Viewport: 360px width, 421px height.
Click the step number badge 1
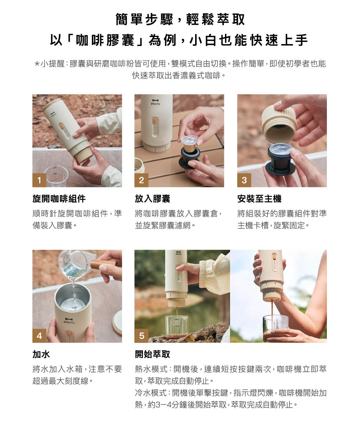pos(39,180)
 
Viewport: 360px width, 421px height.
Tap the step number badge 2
pos(141,180)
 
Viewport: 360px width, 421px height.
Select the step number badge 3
pos(244,180)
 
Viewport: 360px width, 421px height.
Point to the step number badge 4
pos(39,336)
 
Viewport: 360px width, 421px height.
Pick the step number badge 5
pos(141,336)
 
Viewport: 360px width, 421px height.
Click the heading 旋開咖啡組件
pos(59,199)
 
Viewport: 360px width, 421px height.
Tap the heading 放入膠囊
pos(153,199)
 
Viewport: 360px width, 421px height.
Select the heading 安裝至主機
pos(260,199)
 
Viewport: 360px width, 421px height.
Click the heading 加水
pos(41,354)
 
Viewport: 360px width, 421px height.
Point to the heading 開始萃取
pos(153,354)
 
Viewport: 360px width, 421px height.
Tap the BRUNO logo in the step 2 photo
pos(155,102)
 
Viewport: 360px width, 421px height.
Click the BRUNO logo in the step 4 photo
pos(69,321)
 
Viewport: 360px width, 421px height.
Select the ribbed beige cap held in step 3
pos(279,123)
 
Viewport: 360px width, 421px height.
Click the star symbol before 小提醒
pos(37,64)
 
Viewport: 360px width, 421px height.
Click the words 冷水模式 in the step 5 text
pos(151,393)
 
